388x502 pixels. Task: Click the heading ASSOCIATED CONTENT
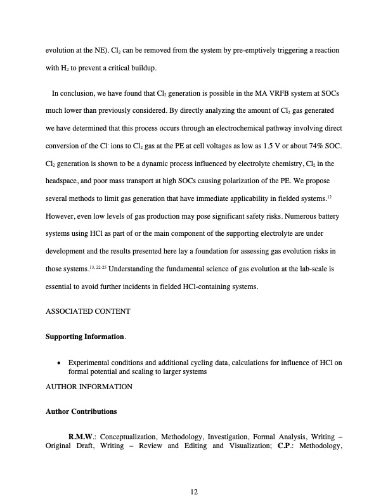click(x=88, y=311)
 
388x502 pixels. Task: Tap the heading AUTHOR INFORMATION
click(x=89, y=386)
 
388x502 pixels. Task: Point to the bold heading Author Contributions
click(x=81, y=411)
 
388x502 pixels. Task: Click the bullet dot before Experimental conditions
click(x=59, y=363)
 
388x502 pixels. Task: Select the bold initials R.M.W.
click(x=82, y=436)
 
